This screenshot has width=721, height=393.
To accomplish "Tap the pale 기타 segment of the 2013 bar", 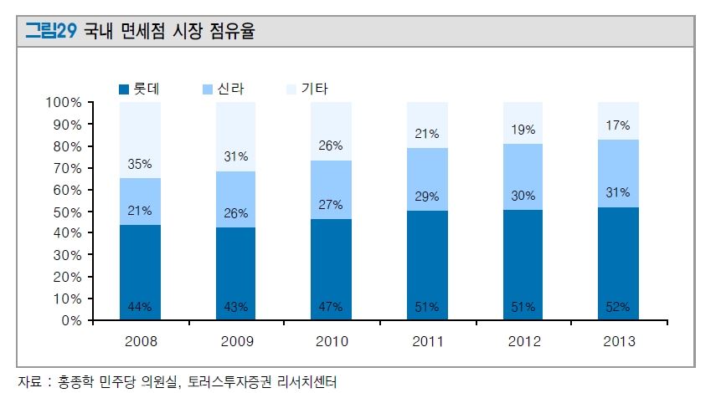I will (x=618, y=120).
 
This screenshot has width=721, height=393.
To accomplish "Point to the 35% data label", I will (x=140, y=164).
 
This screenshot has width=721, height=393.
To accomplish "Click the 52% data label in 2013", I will (x=618, y=307).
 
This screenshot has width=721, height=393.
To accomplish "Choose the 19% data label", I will (x=523, y=130).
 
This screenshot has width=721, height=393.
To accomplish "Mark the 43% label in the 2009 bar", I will (x=236, y=307).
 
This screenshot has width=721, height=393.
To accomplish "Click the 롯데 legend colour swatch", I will (x=124, y=89).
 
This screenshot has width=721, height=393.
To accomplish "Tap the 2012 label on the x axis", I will (x=523, y=341).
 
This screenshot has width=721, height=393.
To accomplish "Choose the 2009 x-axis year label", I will (x=236, y=341).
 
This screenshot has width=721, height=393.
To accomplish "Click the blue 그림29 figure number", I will (x=51, y=33).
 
